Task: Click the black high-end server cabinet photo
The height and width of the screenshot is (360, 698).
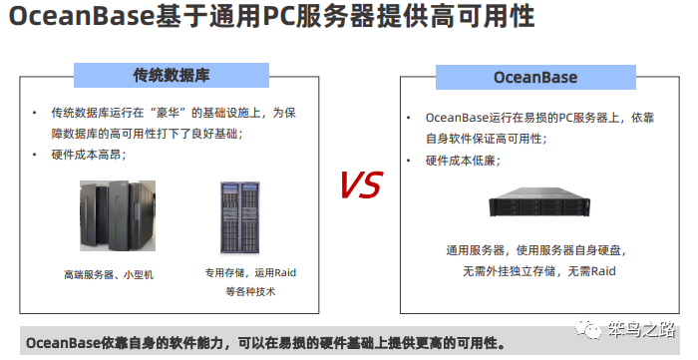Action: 118,216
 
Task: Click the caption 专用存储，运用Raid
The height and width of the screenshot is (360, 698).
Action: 251,273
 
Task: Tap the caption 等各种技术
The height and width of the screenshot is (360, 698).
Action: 249,292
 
